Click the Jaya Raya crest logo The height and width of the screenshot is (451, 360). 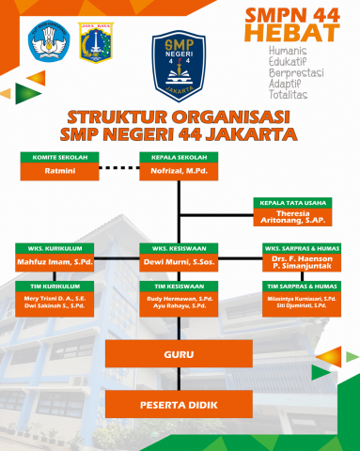point(95,43)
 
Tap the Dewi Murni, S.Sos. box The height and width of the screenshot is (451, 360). point(179,263)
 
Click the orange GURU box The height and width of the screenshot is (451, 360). point(179,354)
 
